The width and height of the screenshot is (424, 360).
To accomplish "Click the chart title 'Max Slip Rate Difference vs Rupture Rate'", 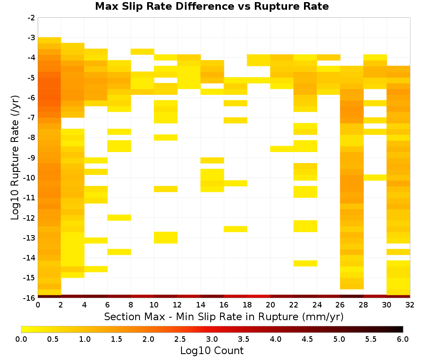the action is pyautogui.click(x=212, y=6).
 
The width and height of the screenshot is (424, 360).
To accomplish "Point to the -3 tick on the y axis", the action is pyautogui.click(x=31, y=38).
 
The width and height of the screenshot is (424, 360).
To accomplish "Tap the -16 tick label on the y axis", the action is pyautogui.click(x=30, y=298).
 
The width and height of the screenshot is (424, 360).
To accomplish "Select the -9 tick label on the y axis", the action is pyautogui.click(x=31, y=158).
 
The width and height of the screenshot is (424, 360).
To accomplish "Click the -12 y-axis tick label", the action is pyautogui.click(x=30, y=218).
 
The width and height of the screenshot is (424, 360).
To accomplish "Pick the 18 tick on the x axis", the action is pyautogui.click(x=247, y=305).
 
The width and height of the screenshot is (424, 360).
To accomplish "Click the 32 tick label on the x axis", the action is pyautogui.click(x=410, y=305).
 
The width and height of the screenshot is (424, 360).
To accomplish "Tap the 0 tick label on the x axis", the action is pyautogui.click(x=38, y=305).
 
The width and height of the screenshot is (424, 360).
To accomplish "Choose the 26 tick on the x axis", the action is pyautogui.click(x=340, y=305).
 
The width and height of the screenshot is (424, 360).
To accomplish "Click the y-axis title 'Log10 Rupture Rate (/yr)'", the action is pyautogui.click(x=15, y=158).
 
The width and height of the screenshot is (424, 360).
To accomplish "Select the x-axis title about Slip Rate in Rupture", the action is pyautogui.click(x=224, y=316).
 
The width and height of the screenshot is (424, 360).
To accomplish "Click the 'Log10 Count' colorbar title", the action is pyautogui.click(x=212, y=351).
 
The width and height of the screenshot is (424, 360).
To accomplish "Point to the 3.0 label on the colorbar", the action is pyautogui.click(x=212, y=339).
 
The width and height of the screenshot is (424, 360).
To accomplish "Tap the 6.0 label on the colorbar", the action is pyautogui.click(x=403, y=339).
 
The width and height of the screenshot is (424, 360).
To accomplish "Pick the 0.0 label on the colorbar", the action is pyautogui.click(x=21, y=339).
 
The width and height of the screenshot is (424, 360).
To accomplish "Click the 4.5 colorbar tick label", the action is pyautogui.click(x=307, y=339).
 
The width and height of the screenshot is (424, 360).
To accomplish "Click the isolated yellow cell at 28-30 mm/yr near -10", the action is pyautogui.click(x=375, y=177).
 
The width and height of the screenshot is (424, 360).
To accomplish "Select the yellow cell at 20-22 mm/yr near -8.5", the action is pyautogui.click(x=282, y=149).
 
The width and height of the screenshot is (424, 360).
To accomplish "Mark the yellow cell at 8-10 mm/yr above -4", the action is pyautogui.click(x=142, y=52).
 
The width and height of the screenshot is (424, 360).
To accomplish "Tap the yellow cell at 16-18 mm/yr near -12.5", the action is pyautogui.click(x=235, y=229).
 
